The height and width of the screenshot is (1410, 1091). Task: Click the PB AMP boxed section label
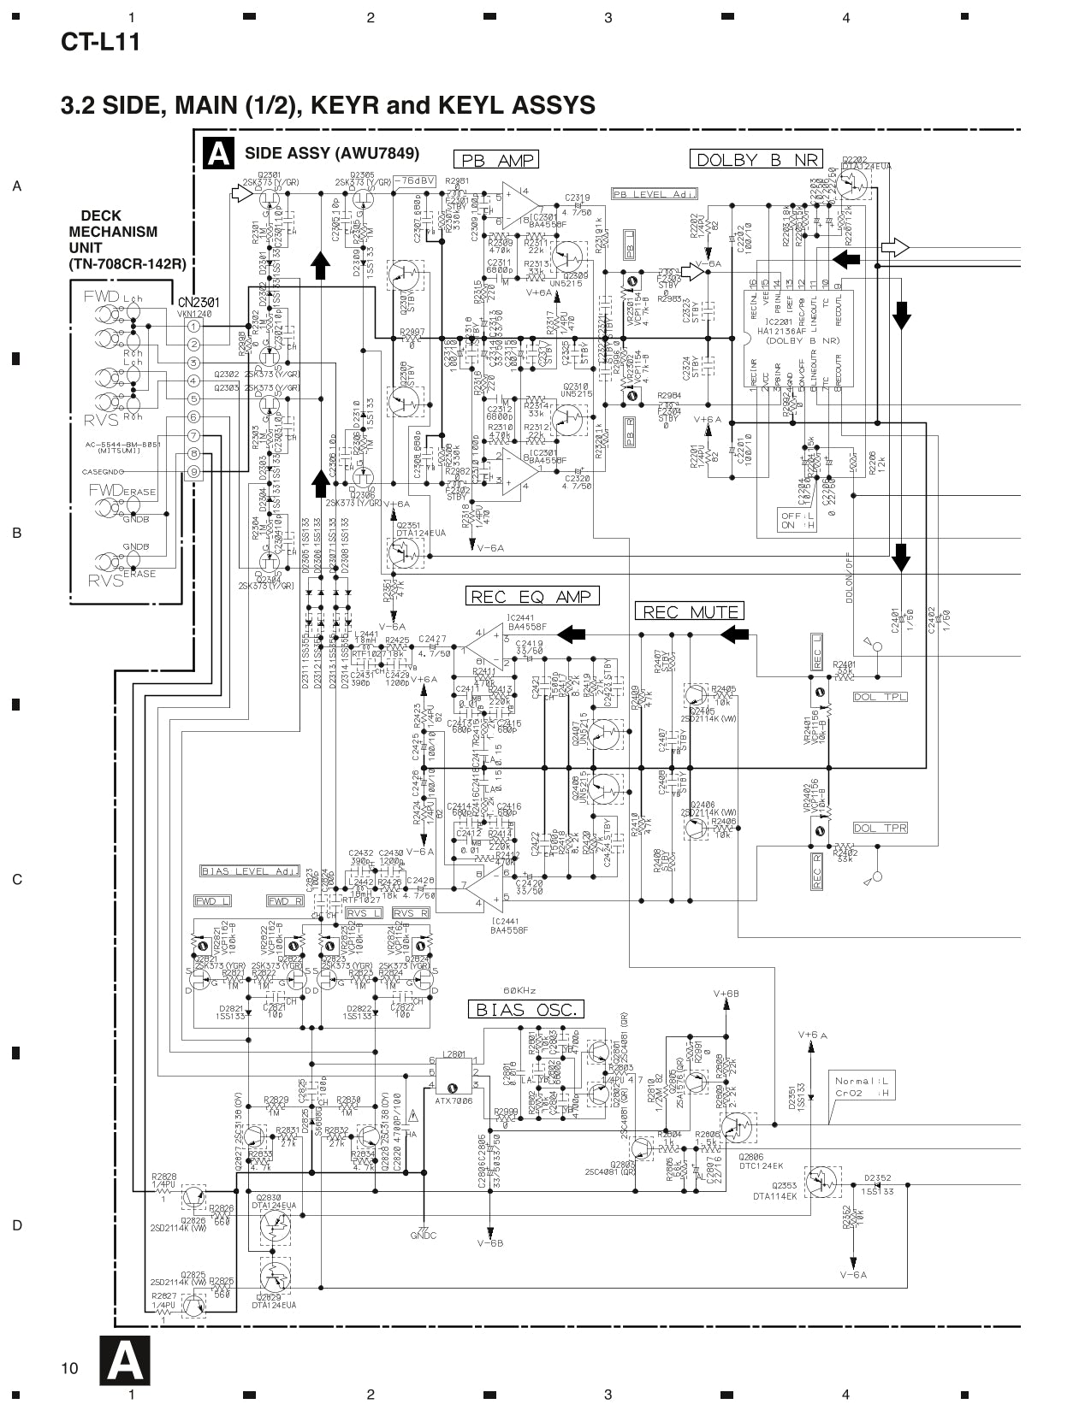tap(496, 160)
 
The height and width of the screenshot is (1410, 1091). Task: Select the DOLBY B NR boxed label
tap(756, 159)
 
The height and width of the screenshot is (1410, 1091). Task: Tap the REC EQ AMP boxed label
tap(531, 596)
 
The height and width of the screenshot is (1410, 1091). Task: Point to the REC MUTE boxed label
tap(690, 611)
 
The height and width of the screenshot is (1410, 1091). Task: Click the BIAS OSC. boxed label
tap(525, 1010)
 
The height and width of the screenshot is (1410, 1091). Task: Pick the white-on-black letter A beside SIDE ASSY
tap(218, 154)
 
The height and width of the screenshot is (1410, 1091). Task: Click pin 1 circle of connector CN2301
tap(194, 326)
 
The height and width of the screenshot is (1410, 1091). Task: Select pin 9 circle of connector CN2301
tap(194, 471)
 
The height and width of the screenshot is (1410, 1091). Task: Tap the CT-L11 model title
tap(100, 42)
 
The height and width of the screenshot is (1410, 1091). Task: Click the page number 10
tap(70, 1368)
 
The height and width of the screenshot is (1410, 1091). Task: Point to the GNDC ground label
tap(424, 1236)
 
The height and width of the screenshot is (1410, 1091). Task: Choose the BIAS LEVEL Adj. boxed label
tap(249, 871)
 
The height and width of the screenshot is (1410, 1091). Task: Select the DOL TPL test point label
tap(880, 697)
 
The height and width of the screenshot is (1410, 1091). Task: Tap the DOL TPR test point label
tap(880, 828)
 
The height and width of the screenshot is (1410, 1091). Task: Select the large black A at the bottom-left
tap(124, 1360)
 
